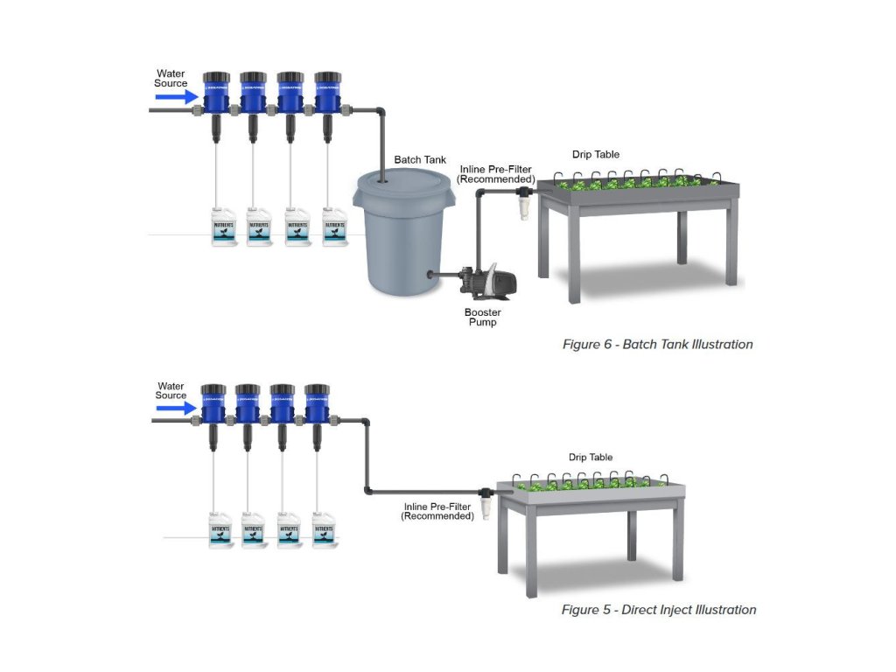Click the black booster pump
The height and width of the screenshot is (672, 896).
pyautogui.click(x=486, y=279)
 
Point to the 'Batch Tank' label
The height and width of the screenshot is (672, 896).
pyautogui.click(x=420, y=160)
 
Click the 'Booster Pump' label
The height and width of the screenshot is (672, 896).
pyautogui.click(x=481, y=317)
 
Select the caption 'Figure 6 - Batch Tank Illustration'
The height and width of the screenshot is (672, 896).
pyautogui.click(x=657, y=345)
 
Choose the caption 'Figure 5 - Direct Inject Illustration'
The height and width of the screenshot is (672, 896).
pyautogui.click(x=658, y=610)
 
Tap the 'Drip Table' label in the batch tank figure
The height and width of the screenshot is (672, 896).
pyautogui.click(x=595, y=155)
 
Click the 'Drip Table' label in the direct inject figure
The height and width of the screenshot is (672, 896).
pyautogui.click(x=591, y=458)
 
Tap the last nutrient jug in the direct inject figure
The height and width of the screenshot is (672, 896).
pyautogui.click(x=324, y=529)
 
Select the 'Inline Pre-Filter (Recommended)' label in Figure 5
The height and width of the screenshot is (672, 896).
pyautogui.click(x=437, y=512)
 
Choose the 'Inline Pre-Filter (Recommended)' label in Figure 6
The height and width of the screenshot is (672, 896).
pyautogui.click(x=496, y=174)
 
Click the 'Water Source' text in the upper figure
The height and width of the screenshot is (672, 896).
pyautogui.click(x=171, y=78)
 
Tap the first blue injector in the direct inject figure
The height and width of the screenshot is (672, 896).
pyautogui.click(x=213, y=402)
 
